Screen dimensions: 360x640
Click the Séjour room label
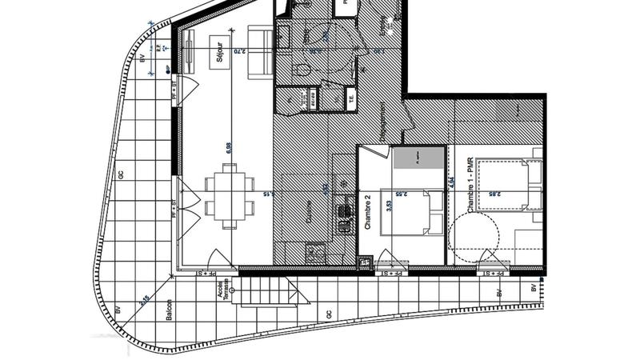pos(213,58)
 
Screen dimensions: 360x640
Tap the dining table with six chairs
pos(227,192)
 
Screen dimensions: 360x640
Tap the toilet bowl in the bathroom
pos(301,70)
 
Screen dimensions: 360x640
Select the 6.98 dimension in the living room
pos(228,147)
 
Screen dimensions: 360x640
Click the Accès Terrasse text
pos(226,290)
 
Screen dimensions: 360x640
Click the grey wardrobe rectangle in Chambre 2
pos(418,158)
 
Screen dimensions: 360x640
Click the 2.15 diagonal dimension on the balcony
pos(145,301)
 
